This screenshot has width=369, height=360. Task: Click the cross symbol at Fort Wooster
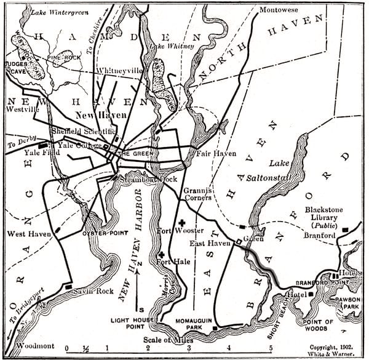click(181, 223)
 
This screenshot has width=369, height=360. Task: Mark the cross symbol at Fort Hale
click(161, 255)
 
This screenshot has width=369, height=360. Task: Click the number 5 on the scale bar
click(270, 348)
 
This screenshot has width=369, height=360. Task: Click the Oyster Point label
click(100, 233)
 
